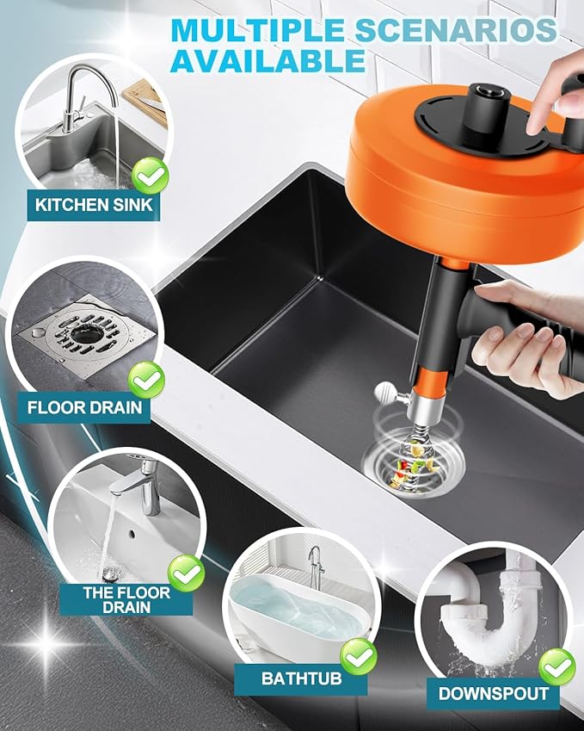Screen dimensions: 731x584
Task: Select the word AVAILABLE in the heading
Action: coord(267,60)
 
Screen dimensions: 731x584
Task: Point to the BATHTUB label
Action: coord(301,678)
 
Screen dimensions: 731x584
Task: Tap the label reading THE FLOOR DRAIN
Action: coord(126,599)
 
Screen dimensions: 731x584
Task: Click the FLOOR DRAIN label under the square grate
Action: coord(84,406)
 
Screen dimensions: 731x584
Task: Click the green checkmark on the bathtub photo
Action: coord(358,657)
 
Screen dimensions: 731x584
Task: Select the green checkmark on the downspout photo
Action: coord(556,665)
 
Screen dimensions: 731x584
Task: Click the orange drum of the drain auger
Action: coord(430,172)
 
